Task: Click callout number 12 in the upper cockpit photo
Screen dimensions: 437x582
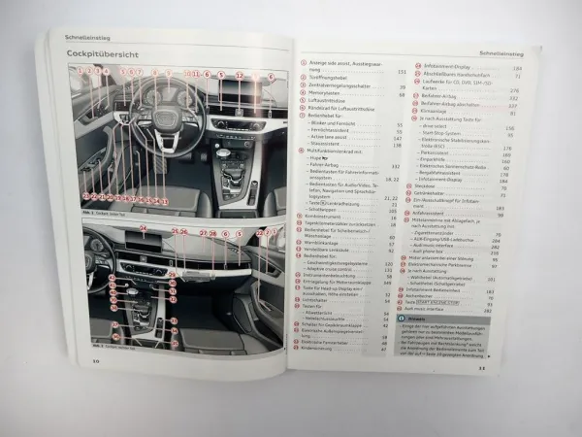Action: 240,74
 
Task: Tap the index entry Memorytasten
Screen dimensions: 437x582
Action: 329,97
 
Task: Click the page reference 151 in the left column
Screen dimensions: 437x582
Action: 401,71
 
